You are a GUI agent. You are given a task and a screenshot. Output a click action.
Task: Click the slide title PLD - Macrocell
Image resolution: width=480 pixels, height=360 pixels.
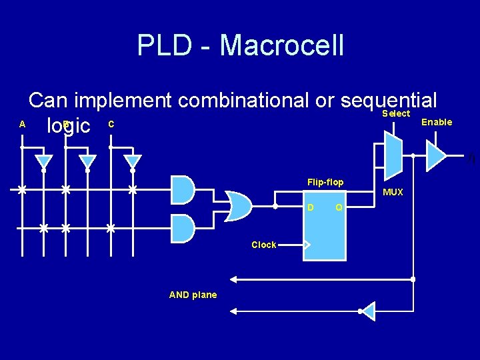(x=240, y=45)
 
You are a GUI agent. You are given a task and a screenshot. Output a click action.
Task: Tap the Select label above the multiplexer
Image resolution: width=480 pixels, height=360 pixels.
(x=395, y=114)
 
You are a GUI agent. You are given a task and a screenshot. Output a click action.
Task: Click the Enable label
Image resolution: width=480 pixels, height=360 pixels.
(x=437, y=122)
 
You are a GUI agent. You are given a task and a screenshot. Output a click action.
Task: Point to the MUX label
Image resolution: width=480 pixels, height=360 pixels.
(x=393, y=192)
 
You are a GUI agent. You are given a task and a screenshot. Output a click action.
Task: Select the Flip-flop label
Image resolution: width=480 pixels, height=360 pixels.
(x=325, y=182)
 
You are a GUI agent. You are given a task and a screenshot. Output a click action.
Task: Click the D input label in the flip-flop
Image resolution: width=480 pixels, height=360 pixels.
(x=310, y=207)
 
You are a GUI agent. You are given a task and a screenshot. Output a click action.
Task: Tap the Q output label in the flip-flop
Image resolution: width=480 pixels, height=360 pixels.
(x=339, y=207)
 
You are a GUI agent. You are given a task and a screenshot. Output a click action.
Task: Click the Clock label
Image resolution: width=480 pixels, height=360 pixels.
(x=263, y=245)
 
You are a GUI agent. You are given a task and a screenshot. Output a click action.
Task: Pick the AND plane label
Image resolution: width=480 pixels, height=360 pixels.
(x=193, y=295)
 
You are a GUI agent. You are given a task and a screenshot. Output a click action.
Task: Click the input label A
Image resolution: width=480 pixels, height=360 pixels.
(x=22, y=124)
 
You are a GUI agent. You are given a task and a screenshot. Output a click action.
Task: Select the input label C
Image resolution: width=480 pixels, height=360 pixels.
(x=111, y=124)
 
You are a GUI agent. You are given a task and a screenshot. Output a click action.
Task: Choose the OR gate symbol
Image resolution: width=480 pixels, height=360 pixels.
(x=238, y=206)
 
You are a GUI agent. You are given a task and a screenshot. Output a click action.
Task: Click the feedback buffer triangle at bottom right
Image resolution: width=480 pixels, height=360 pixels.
(x=368, y=311)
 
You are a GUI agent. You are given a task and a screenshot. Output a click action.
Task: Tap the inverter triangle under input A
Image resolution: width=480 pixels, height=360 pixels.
(x=44, y=162)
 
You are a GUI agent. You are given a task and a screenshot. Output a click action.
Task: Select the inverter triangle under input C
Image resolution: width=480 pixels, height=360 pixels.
(x=133, y=162)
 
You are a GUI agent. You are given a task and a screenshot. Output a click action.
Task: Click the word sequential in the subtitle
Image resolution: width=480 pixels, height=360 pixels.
(x=389, y=101)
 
